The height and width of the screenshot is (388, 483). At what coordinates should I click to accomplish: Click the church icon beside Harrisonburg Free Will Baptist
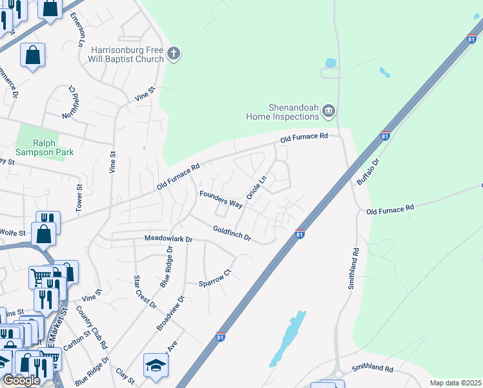point(173,54)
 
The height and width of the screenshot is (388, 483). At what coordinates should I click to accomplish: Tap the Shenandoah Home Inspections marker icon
point(329,112)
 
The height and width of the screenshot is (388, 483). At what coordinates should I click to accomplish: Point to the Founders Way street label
point(221,199)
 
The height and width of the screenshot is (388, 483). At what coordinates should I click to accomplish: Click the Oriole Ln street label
point(256,187)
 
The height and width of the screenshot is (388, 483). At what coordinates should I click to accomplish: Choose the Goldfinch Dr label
point(232,233)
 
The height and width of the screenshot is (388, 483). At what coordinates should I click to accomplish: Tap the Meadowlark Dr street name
point(169,239)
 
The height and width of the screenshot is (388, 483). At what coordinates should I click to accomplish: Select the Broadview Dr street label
point(170,314)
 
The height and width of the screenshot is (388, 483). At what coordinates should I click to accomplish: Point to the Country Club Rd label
point(91,334)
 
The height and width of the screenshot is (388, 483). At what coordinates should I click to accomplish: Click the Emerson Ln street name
point(77,29)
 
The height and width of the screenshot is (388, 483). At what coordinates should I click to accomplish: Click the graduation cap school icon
point(156,366)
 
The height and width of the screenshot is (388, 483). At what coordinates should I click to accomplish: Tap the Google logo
point(21,380)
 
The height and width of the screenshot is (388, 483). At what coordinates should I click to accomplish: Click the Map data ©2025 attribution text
point(455,383)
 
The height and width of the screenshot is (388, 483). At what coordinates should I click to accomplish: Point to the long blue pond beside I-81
point(287,339)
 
